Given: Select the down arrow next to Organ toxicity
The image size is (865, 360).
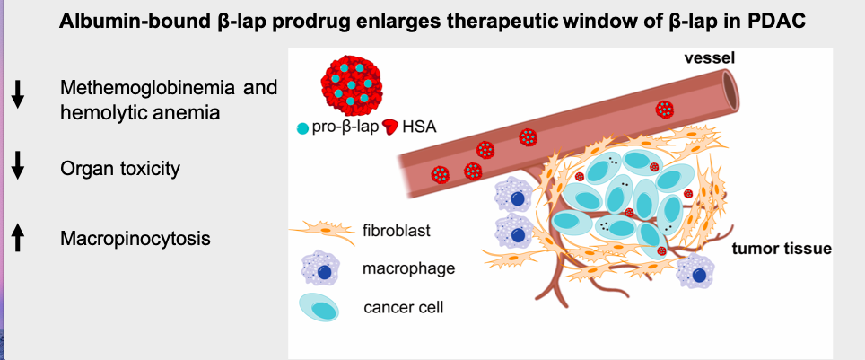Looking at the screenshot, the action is pyautogui.click(x=18, y=165).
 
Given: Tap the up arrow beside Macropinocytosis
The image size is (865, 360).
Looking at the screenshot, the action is pyautogui.click(x=18, y=238).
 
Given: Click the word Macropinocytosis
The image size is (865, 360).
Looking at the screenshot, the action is pyautogui.click(x=135, y=239).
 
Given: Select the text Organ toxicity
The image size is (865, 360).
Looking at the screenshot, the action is pyautogui.click(x=120, y=169).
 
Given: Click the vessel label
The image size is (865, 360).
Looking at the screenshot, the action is pyautogui.click(x=710, y=58).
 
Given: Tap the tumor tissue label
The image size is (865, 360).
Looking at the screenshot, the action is pyautogui.click(x=782, y=249).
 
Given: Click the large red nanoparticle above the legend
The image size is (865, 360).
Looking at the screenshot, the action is pyautogui.click(x=351, y=84).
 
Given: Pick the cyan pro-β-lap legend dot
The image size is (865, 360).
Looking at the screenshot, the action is pyautogui.click(x=302, y=128).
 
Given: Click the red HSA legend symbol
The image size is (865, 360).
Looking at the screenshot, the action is pyautogui.click(x=390, y=127).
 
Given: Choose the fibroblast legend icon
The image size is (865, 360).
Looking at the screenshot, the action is pyautogui.click(x=322, y=232).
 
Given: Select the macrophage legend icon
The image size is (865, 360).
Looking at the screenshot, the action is pyautogui.click(x=320, y=269).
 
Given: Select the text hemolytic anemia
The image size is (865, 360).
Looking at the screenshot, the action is pyautogui.click(x=140, y=112).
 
